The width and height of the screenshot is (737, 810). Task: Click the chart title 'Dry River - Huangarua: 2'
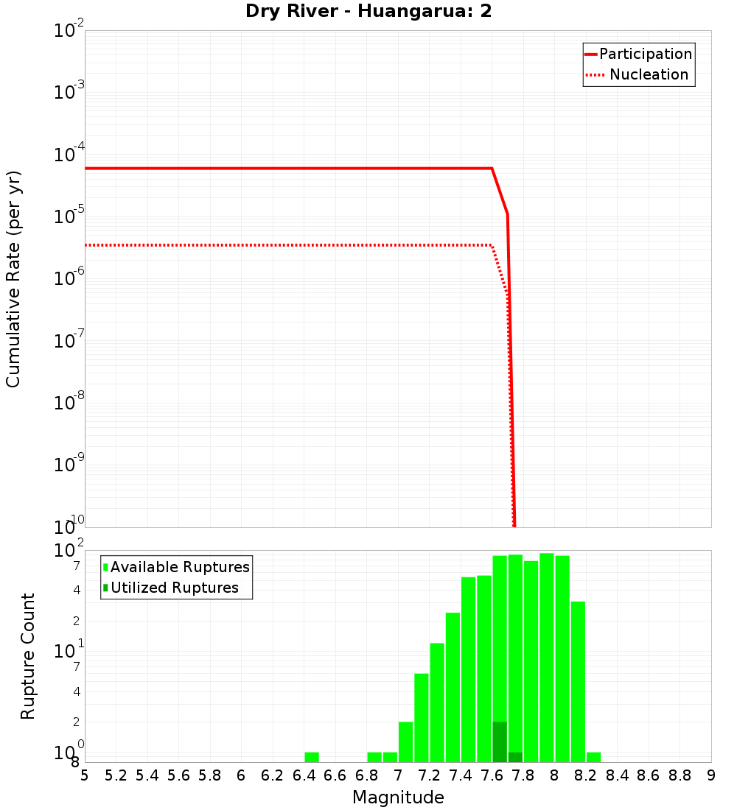(x=368, y=12)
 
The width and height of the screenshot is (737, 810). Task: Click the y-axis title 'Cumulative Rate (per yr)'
(x=13, y=279)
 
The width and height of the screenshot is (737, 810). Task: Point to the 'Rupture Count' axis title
(x=28, y=656)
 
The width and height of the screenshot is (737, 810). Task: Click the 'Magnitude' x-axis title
(x=398, y=797)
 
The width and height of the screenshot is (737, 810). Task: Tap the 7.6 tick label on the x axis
(x=492, y=775)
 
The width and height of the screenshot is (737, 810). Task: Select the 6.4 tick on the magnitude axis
(x=304, y=775)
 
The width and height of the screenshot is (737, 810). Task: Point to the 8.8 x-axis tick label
(x=680, y=775)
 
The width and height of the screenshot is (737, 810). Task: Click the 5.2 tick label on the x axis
(x=116, y=775)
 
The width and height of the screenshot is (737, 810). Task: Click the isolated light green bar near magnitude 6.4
(x=312, y=757)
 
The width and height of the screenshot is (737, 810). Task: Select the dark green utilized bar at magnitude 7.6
(x=500, y=742)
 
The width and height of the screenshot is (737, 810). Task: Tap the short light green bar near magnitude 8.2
(x=593, y=757)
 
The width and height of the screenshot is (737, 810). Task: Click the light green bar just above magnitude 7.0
(x=405, y=742)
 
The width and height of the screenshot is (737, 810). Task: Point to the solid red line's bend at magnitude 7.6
(x=492, y=169)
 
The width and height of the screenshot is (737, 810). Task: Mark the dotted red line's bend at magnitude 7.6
(x=492, y=245)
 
